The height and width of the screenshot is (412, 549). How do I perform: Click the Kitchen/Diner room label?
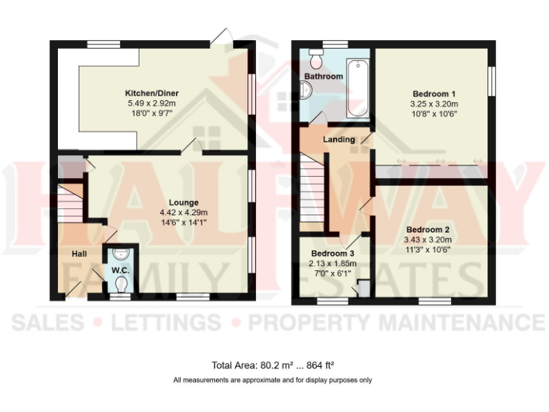(x=152, y=93)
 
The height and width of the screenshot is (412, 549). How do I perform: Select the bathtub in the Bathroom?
(x=355, y=89)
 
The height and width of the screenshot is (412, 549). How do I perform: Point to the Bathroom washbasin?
(x=306, y=90)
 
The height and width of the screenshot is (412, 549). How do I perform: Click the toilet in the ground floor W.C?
(x=120, y=285)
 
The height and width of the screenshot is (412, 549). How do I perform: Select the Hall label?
(x=79, y=254)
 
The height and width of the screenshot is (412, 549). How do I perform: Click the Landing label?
(x=338, y=139)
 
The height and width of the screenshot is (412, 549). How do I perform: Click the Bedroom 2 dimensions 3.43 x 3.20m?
(x=429, y=240)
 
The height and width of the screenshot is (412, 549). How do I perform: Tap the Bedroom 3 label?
(x=332, y=253)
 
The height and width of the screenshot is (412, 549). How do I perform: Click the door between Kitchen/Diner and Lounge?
(x=189, y=147)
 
